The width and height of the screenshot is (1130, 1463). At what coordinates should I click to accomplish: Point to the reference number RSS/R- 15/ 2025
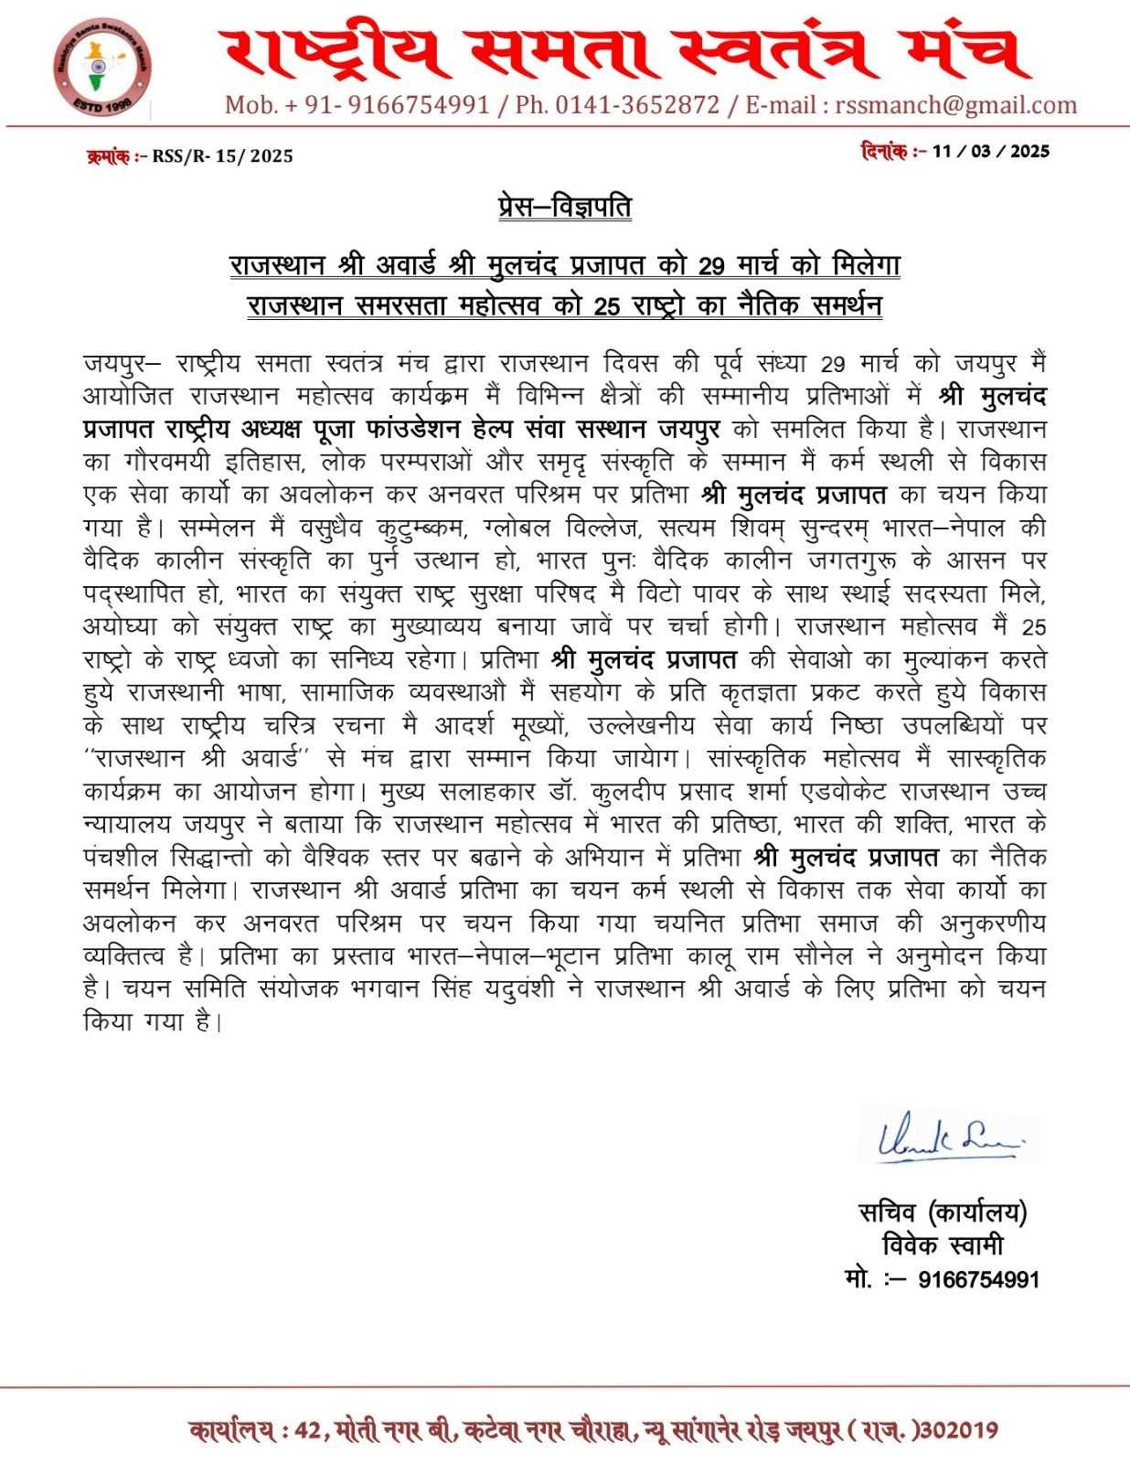pyautogui.click(x=222, y=156)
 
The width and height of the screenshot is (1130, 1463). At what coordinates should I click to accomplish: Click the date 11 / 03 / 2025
pyautogui.click(x=991, y=151)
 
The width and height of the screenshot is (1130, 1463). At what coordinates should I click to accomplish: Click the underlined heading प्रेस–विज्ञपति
pyautogui.click(x=564, y=208)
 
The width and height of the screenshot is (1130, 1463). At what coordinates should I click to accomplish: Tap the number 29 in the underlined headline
pyautogui.click(x=711, y=266)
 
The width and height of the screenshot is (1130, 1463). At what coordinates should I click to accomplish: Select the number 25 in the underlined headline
pyautogui.click(x=606, y=306)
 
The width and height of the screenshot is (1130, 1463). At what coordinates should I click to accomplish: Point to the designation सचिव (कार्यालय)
pyautogui.click(x=943, y=1212)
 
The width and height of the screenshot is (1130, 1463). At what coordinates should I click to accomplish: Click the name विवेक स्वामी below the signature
pyautogui.click(x=943, y=1245)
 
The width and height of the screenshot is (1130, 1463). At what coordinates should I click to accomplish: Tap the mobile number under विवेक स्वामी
pyautogui.click(x=978, y=1279)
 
